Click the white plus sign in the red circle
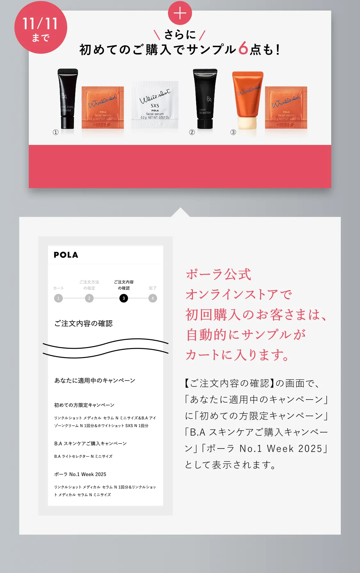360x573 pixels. (x=180, y=13)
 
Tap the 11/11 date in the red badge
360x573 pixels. (x=40, y=24)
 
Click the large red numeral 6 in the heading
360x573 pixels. (x=243, y=49)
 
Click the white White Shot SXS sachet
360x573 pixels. (x=155, y=105)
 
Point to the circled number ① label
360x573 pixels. (x=56, y=132)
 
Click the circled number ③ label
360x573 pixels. (x=233, y=132)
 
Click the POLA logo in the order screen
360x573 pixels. (x=66, y=255)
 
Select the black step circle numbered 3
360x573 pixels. (x=124, y=298)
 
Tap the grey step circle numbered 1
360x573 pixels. (x=58, y=298)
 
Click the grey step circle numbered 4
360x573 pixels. (x=153, y=298)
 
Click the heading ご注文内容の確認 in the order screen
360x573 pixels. (x=84, y=323)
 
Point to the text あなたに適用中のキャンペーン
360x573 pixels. (x=95, y=380)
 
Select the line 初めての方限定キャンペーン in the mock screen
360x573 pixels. (x=84, y=405)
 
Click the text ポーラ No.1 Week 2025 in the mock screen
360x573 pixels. (x=80, y=474)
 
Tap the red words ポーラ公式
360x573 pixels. (x=219, y=275)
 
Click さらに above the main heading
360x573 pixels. (x=180, y=34)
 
